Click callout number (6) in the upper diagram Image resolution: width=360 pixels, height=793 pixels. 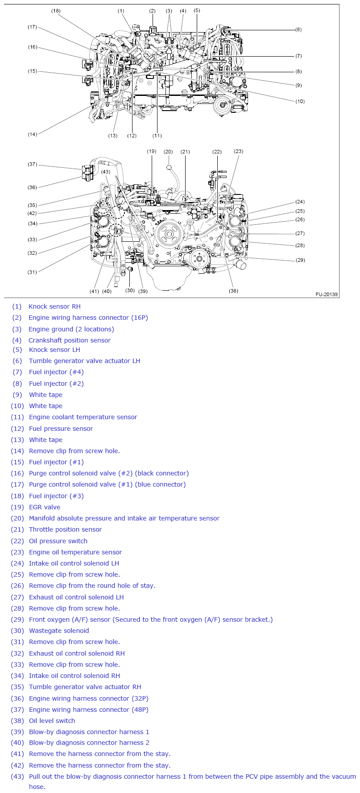coord(298,30)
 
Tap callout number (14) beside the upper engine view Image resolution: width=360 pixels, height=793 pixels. coord(33,134)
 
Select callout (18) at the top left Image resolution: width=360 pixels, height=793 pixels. coord(56,11)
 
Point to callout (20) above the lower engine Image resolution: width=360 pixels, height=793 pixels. coord(168,152)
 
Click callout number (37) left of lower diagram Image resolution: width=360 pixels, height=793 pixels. coord(33,165)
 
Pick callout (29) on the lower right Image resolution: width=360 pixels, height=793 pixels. coord(300,260)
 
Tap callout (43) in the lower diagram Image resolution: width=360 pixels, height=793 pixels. coord(105,172)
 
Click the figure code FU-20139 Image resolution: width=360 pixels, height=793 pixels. coord(327,294)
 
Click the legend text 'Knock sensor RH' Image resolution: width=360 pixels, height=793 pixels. coord(54,306)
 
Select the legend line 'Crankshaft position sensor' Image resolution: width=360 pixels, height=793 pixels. coord(70,340)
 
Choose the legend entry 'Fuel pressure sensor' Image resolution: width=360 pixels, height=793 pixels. coord(61,429)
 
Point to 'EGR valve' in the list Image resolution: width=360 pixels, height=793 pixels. coord(45,507)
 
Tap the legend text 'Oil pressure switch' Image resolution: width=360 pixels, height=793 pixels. coord(58,541)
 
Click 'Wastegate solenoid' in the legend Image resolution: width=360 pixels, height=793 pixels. coord(59,631)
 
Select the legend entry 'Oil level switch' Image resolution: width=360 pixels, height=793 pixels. coord(52,721)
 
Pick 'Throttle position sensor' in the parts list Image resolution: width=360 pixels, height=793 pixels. coord(65,529)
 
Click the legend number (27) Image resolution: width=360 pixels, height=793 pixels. coord(17,597)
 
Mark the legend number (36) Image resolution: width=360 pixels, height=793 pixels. coord(17,698)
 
